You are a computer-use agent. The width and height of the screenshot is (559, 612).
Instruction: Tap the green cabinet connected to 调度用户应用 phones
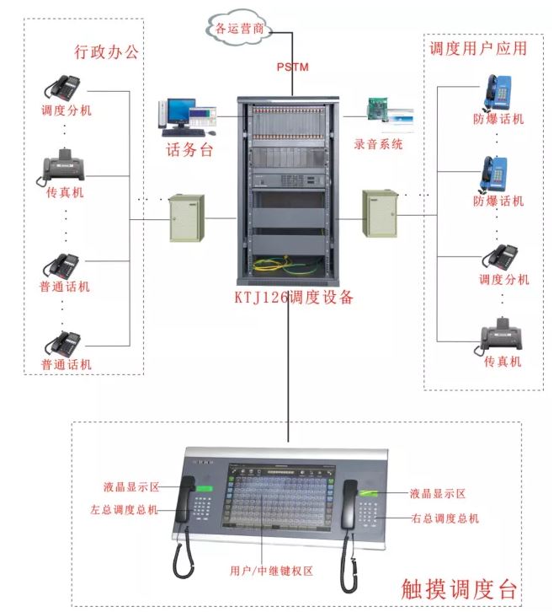tap(379, 214)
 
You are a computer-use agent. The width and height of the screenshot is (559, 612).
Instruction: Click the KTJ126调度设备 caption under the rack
tap(292, 298)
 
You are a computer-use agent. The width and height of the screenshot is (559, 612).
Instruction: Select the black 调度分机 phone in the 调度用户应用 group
tap(503, 257)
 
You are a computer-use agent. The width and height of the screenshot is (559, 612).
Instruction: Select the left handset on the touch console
tap(184, 506)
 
